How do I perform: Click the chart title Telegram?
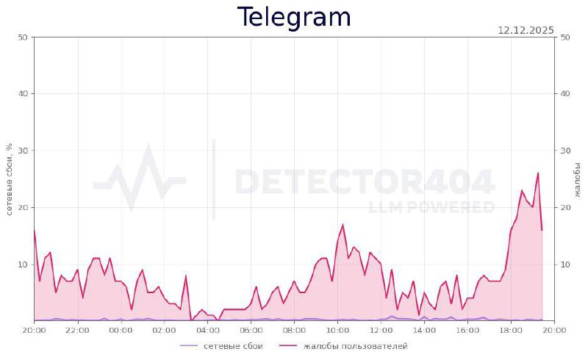click(294, 17)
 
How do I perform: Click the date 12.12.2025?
click(526, 30)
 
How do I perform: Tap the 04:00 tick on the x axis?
click(207, 331)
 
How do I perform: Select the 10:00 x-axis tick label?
click(338, 331)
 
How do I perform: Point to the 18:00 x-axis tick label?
click(512, 331)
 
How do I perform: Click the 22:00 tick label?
click(77, 331)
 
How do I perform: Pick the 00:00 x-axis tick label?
click(121, 331)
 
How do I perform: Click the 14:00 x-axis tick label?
click(425, 331)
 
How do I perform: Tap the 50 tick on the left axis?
click(23, 37)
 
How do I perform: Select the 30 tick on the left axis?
click(23, 151)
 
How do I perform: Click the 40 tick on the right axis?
click(565, 94)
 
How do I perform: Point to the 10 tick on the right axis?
click(565, 264)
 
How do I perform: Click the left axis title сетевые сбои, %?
click(9, 179)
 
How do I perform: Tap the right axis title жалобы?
click(577, 179)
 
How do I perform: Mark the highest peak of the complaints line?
click(538, 173)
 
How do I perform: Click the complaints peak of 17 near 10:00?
click(343, 225)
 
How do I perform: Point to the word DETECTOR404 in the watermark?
click(364, 181)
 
